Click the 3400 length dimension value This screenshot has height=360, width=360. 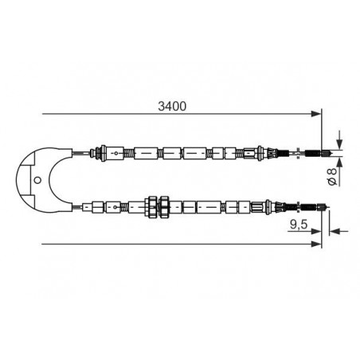point(172,106)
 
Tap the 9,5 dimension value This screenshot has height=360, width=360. point(299,225)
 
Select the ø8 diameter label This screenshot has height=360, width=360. point(332,175)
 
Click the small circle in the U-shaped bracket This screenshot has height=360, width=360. point(37,181)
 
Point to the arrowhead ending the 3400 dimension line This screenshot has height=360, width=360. point(316,114)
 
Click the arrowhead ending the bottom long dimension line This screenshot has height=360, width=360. point(316,244)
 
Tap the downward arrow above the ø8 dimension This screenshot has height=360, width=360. point(339,143)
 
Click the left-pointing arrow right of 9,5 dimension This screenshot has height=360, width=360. point(335,231)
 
